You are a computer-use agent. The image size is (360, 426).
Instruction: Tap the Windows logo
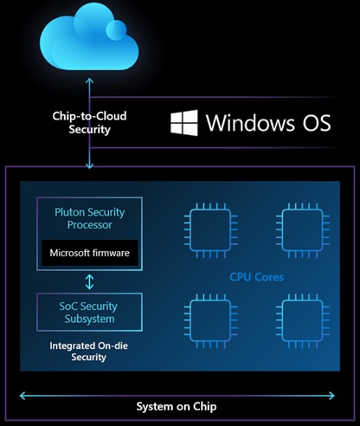point(184,123)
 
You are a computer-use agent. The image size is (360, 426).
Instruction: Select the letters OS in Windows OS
point(317,123)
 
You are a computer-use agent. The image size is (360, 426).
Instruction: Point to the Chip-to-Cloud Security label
point(89,122)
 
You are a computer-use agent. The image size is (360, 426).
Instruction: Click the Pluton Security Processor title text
point(90,218)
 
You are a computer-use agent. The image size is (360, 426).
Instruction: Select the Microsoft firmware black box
point(89,253)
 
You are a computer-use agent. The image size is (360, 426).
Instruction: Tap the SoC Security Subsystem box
point(89,312)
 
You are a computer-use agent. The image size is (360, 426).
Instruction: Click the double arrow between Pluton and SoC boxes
point(89,281)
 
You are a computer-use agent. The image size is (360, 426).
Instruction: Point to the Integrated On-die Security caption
point(89,352)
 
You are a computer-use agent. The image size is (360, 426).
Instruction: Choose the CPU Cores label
point(256,277)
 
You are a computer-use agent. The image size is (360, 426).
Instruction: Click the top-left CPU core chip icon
point(211,230)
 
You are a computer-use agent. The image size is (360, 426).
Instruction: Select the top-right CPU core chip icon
point(303,230)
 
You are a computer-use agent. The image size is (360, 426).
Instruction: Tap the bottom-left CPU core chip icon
point(211,321)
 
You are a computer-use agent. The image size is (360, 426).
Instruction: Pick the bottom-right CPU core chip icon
point(303,321)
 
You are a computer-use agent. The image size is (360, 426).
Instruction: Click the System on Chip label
point(177,406)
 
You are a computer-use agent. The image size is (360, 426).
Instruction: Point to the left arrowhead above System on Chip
point(22,396)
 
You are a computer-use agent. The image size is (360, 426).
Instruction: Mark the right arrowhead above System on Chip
point(331,396)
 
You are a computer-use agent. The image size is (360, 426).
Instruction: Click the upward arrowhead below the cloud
point(89,81)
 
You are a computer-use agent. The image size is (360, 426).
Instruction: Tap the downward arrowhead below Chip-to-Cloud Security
point(89,165)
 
